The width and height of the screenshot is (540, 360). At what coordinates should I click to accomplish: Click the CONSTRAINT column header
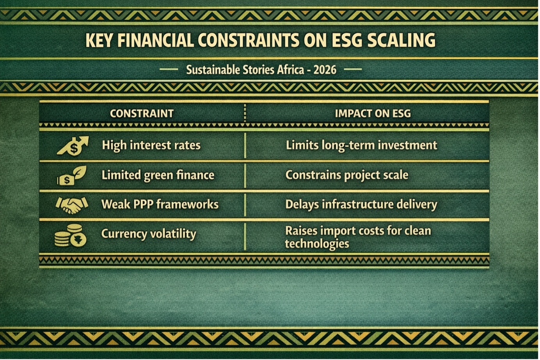(142, 114)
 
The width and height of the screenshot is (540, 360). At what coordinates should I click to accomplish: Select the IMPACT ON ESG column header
(373, 114)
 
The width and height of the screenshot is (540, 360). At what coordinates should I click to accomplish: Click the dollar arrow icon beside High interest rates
(73, 146)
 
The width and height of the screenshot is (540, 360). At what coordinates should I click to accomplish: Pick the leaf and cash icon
(72, 175)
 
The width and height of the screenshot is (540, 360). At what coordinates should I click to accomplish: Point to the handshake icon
(72, 205)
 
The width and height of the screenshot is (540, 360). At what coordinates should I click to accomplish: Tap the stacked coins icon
(70, 235)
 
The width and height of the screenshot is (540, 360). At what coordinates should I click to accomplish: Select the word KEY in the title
(99, 40)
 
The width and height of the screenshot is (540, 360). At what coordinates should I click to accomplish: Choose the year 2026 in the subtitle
(325, 70)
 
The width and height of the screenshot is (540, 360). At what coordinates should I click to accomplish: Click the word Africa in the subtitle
(290, 70)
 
